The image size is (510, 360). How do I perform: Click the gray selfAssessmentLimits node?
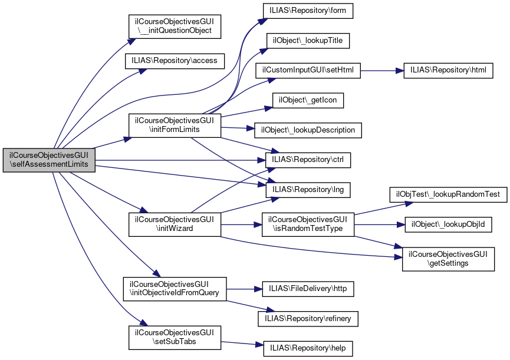[x=49, y=159]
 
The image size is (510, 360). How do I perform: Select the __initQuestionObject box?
[x=175, y=26]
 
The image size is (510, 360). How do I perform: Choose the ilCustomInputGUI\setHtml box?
[x=307, y=70]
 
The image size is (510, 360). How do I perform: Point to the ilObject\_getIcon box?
[x=308, y=100]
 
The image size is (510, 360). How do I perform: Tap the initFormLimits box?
[x=175, y=125]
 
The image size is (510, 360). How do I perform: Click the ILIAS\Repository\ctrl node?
[x=308, y=159]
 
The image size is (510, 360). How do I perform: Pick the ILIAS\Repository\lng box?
[x=308, y=189]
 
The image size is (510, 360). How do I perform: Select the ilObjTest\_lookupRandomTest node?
[x=448, y=194]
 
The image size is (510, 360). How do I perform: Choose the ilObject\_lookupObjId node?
[x=448, y=224]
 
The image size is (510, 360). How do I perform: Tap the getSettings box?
[x=448, y=259]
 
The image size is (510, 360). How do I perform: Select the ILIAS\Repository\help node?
[x=308, y=348]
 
